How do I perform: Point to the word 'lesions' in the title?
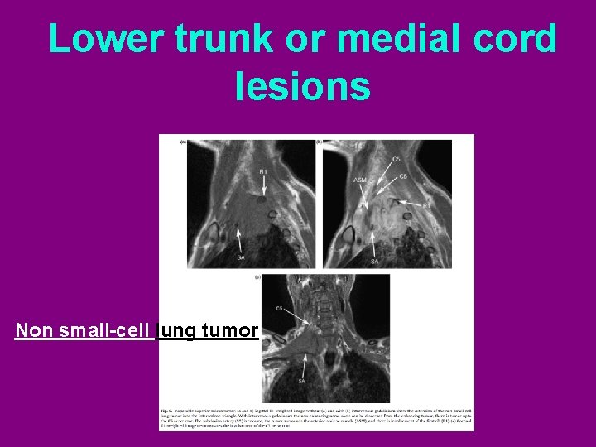[x=303, y=85]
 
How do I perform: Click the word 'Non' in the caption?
[x=31, y=331]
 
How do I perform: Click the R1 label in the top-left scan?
[x=263, y=172]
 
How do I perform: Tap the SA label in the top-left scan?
[x=240, y=258]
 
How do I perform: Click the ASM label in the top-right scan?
[x=361, y=180]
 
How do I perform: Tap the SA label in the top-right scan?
[x=374, y=261]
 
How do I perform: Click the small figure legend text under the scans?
[x=316, y=419]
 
